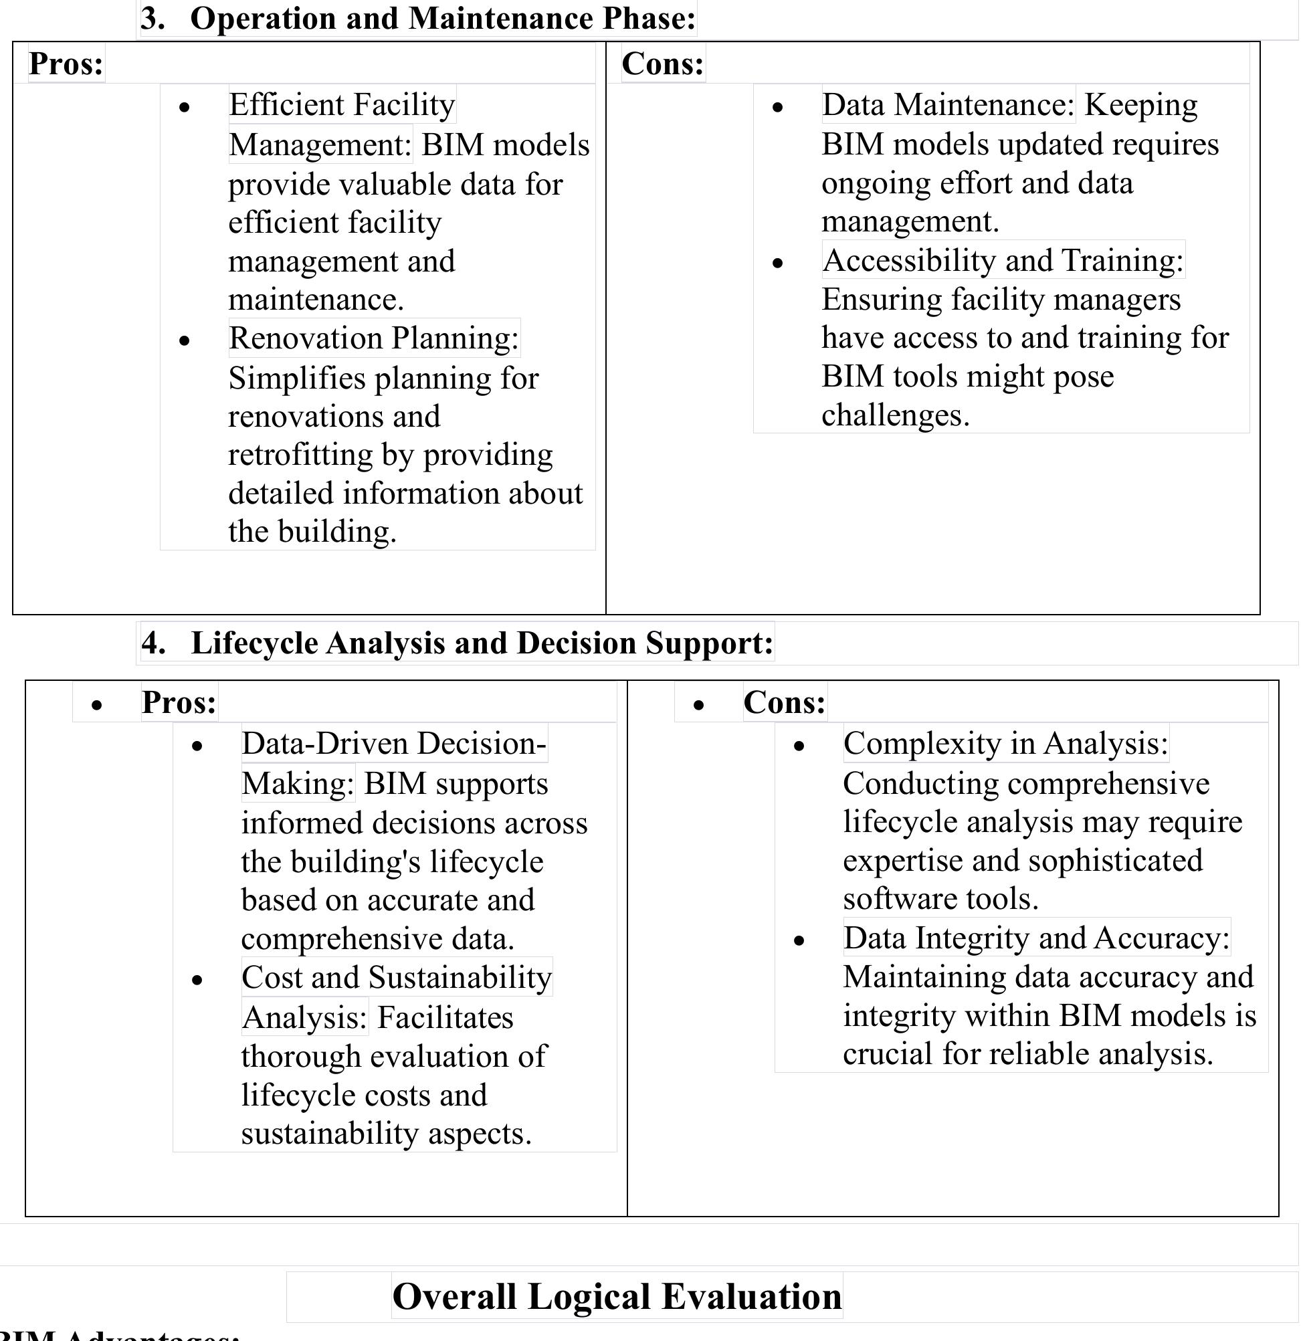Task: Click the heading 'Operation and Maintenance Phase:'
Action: tap(442, 19)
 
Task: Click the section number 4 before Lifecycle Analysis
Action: tap(154, 643)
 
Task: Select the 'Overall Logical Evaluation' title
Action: tap(616, 1296)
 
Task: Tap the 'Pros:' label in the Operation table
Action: tap(66, 64)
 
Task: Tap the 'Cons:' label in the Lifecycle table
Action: tap(784, 702)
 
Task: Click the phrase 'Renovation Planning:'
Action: tap(373, 338)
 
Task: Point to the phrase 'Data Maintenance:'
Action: tap(948, 105)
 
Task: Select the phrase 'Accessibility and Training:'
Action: tap(1003, 260)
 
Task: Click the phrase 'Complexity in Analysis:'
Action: tap(1005, 744)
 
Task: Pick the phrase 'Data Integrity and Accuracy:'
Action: tap(1036, 938)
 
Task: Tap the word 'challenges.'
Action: tap(895, 415)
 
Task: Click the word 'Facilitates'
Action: tap(445, 1017)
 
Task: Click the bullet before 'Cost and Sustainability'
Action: tap(197, 981)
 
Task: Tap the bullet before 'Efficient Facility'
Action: tap(184, 108)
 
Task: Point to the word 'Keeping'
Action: tap(1140, 105)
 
